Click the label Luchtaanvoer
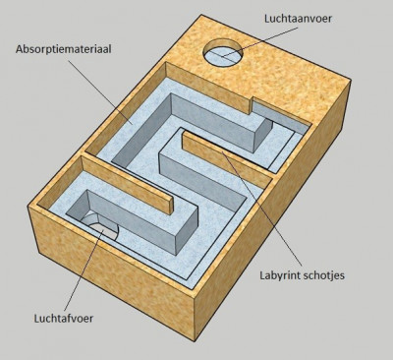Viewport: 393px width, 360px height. [298, 19]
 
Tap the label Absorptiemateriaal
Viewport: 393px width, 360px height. [64, 49]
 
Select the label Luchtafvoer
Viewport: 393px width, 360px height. [64, 318]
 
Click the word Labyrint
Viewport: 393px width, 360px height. [280, 275]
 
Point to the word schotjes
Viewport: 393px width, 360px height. [324, 275]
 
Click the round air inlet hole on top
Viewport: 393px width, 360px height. [223, 53]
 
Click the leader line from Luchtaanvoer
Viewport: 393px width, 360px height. [258, 42]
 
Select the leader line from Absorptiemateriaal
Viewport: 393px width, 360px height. [100, 91]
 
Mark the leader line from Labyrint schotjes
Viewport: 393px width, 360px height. [262, 209]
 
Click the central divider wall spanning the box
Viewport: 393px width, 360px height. [180, 165]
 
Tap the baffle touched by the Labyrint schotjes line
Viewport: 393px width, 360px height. [227, 159]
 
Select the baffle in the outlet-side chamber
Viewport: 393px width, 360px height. [127, 185]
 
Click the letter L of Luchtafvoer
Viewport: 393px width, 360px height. [37, 318]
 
